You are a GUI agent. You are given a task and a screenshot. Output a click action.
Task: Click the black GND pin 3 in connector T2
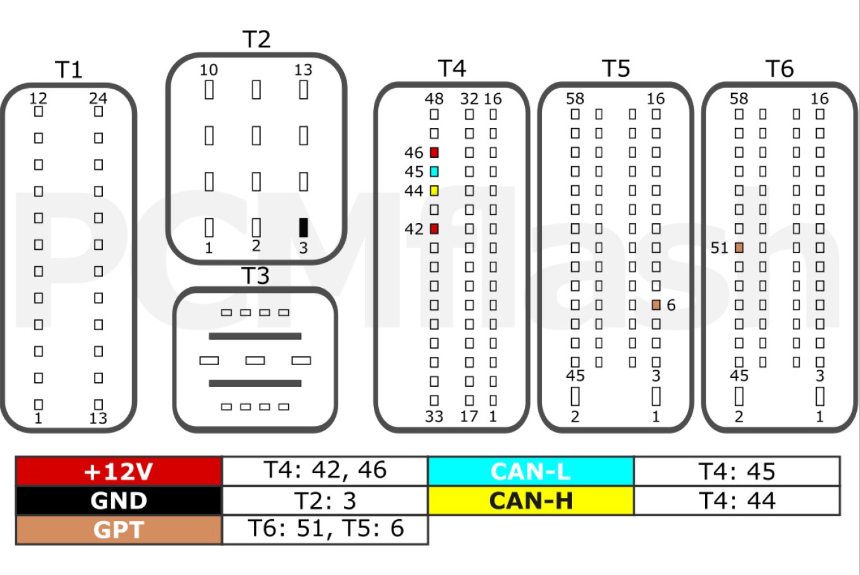(x=303, y=228)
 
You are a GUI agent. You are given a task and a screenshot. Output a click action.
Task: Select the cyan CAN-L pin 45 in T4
(x=434, y=171)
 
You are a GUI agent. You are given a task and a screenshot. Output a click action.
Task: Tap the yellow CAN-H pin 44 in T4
(x=434, y=191)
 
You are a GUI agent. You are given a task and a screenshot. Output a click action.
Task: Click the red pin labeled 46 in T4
(x=434, y=153)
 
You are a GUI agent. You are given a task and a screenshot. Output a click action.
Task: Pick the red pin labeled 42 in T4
(x=434, y=229)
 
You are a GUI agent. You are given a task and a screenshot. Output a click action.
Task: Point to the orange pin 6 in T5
(x=656, y=305)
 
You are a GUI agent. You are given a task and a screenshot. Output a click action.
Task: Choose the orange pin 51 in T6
(x=739, y=248)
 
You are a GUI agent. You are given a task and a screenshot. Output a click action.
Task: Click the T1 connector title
(x=69, y=70)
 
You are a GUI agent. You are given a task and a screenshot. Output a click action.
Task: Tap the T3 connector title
(x=255, y=275)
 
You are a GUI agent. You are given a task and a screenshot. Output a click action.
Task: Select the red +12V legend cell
(x=119, y=471)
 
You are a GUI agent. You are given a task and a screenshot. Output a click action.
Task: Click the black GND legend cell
(x=119, y=500)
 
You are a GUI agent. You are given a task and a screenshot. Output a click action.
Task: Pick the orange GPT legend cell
(x=119, y=530)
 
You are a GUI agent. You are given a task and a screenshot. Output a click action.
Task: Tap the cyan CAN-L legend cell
(x=531, y=471)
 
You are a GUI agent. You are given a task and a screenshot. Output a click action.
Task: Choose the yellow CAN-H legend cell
(x=531, y=500)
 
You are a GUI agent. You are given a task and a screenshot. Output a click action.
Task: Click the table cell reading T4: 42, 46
(x=325, y=471)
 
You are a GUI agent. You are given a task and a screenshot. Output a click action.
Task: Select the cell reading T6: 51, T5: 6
(x=325, y=530)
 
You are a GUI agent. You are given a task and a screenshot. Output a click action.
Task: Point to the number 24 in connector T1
(x=98, y=99)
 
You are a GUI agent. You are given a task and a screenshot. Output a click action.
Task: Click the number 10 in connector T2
(x=209, y=70)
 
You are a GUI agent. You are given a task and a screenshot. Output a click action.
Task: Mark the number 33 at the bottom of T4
(x=434, y=417)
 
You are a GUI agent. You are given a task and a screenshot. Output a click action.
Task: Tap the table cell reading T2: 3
(x=325, y=500)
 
